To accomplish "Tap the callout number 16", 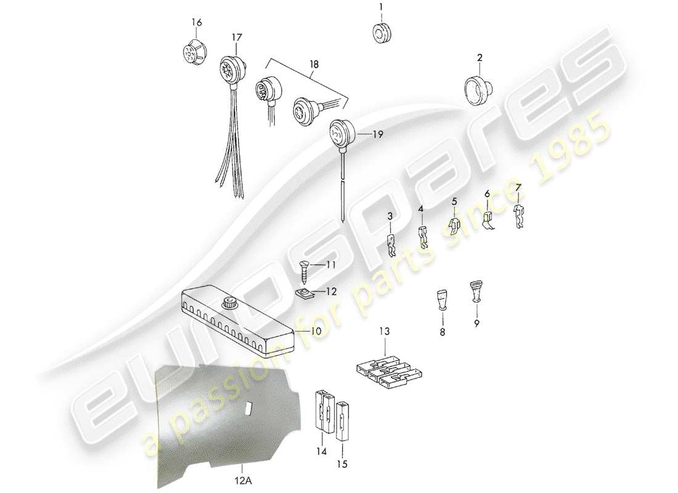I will [x=196, y=23].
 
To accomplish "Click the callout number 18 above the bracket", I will [x=315, y=63].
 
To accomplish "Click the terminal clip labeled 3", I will [x=391, y=245].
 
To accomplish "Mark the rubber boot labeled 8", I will [x=443, y=301].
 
